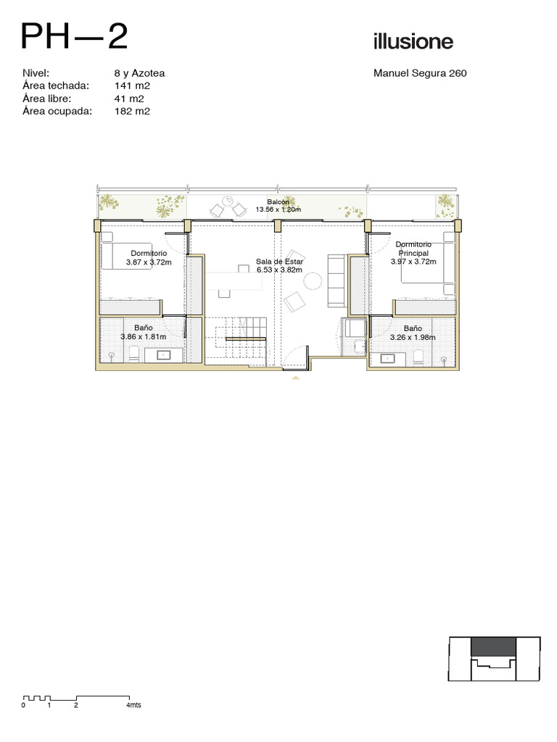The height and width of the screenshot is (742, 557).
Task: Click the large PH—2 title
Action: pyautogui.click(x=75, y=36)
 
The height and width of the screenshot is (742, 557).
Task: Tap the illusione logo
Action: pyautogui.click(x=413, y=41)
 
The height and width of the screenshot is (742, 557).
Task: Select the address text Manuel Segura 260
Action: pyautogui.click(x=420, y=73)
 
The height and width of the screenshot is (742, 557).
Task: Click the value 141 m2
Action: pyautogui.click(x=132, y=86)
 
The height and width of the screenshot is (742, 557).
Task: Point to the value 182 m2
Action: pyautogui.click(x=132, y=111)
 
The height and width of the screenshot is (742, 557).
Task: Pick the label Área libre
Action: pyautogui.click(x=46, y=99)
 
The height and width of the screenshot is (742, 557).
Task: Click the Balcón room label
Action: pyautogui.click(x=278, y=202)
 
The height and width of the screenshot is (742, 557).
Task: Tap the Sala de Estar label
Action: pyautogui.click(x=279, y=261)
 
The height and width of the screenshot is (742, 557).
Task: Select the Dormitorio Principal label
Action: pyautogui.click(x=413, y=249)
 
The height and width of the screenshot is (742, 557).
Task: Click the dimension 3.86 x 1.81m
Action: pyautogui.click(x=144, y=337)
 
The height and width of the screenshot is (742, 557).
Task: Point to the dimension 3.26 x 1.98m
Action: pyautogui.click(x=413, y=338)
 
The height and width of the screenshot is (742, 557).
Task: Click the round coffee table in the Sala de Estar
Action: pyautogui.click(x=313, y=281)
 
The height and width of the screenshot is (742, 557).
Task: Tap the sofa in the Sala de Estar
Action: pyautogui.click(x=337, y=280)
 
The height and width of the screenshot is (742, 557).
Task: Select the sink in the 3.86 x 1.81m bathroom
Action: pyautogui.click(x=164, y=355)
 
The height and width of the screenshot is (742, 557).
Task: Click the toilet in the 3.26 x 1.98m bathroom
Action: pyautogui.click(x=418, y=357)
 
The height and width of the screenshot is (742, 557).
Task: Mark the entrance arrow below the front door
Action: pyautogui.click(x=296, y=378)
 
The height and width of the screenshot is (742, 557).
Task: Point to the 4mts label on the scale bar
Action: pyautogui.click(x=133, y=705)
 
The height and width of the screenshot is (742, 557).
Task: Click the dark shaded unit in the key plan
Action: pyautogui.click(x=493, y=646)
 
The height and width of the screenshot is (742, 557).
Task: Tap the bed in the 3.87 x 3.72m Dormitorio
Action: pyautogui.click(x=127, y=256)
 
